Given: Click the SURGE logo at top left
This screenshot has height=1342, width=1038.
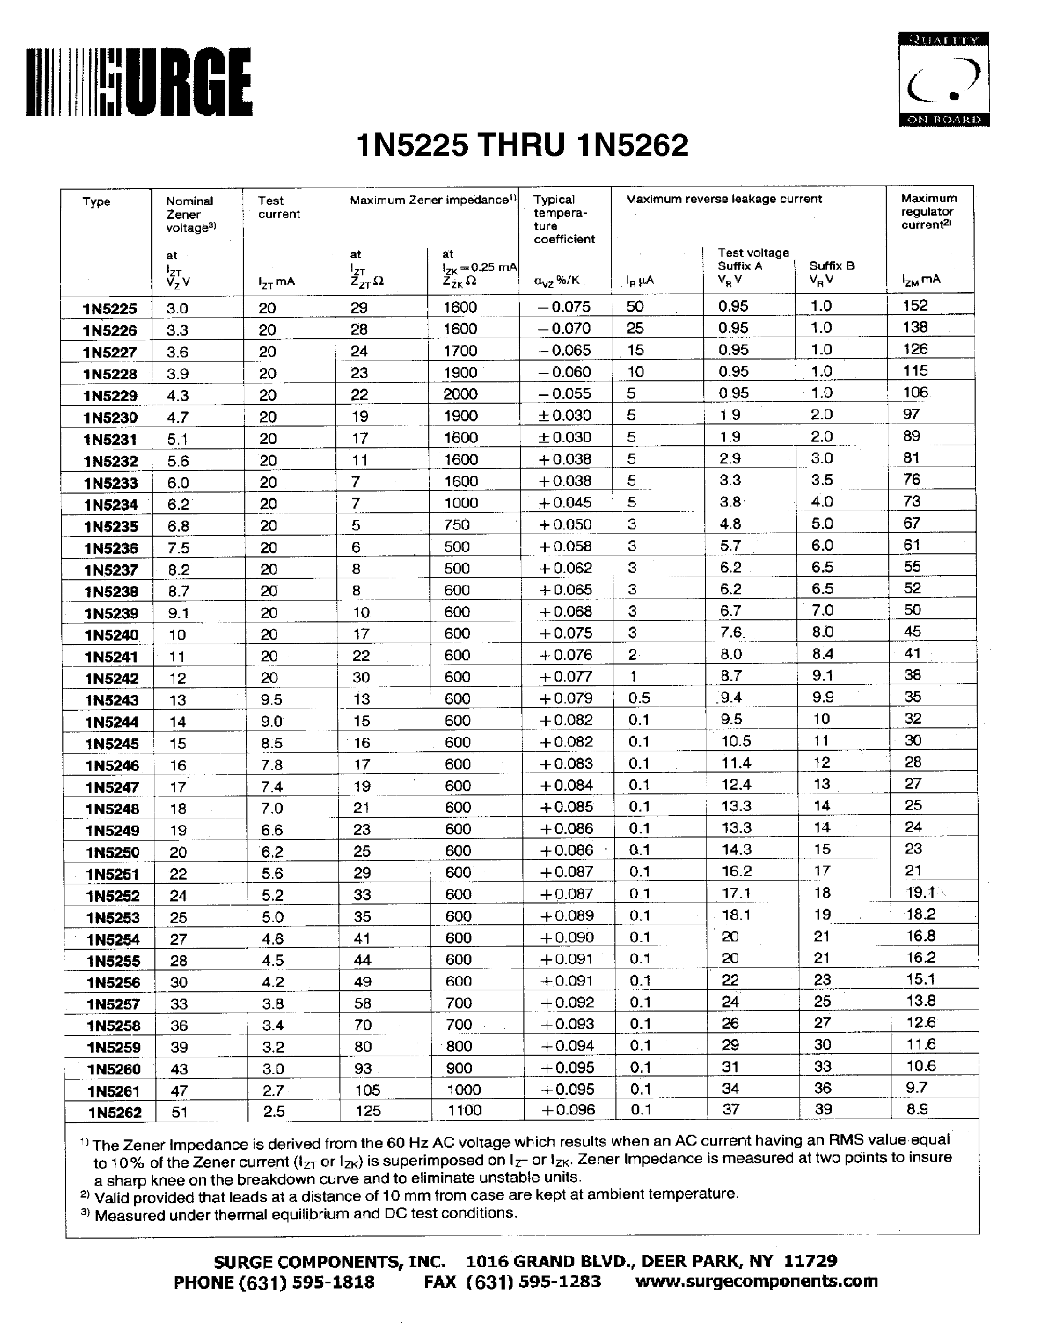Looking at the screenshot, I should click(x=139, y=83).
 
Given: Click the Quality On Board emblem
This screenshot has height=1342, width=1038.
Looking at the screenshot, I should click(x=944, y=79).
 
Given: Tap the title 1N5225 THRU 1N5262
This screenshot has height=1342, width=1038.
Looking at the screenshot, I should click(x=522, y=146).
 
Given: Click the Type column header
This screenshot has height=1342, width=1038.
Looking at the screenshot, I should click(x=97, y=202).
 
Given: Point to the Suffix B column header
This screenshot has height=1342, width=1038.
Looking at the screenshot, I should click(x=832, y=266).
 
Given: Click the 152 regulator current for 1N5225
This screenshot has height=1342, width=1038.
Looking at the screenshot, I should click(x=915, y=305).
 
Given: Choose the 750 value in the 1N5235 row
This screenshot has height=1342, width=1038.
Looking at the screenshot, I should click(x=456, y=525).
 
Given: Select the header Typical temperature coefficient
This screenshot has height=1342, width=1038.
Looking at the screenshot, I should click(x=563, y=219).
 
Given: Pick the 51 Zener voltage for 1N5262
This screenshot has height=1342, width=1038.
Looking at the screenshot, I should click(x=178, y=1111).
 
